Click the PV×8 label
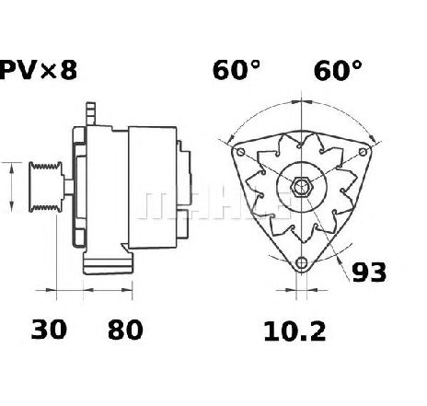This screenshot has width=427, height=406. point(38,70)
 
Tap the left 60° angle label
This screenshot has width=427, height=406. point(237,70)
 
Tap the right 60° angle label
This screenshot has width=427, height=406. point(338,70)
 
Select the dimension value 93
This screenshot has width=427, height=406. point(369,273)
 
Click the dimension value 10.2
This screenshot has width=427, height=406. point(294,331)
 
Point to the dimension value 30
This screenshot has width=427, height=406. point(49,330)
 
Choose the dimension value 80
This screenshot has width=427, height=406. point(125,330)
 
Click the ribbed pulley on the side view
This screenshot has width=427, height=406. point(46,187)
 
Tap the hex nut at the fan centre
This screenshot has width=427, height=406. point(301,187)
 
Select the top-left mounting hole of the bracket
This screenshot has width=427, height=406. point(241,152)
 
